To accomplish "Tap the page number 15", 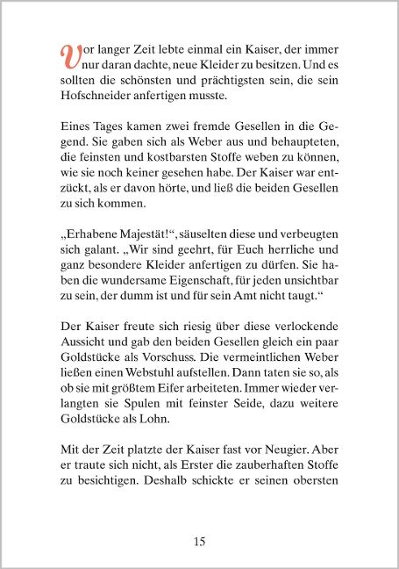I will [199, 541].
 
